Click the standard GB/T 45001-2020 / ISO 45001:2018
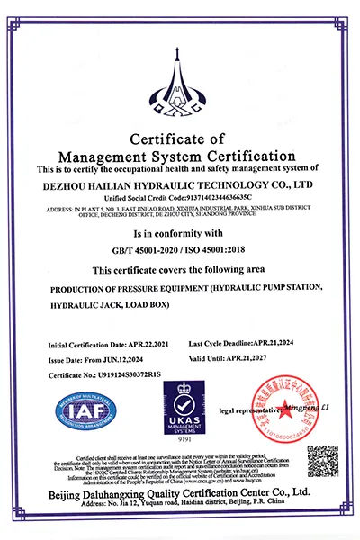click(180, 251)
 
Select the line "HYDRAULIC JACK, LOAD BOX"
click(117, 306)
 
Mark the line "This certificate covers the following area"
click(180, 270)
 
